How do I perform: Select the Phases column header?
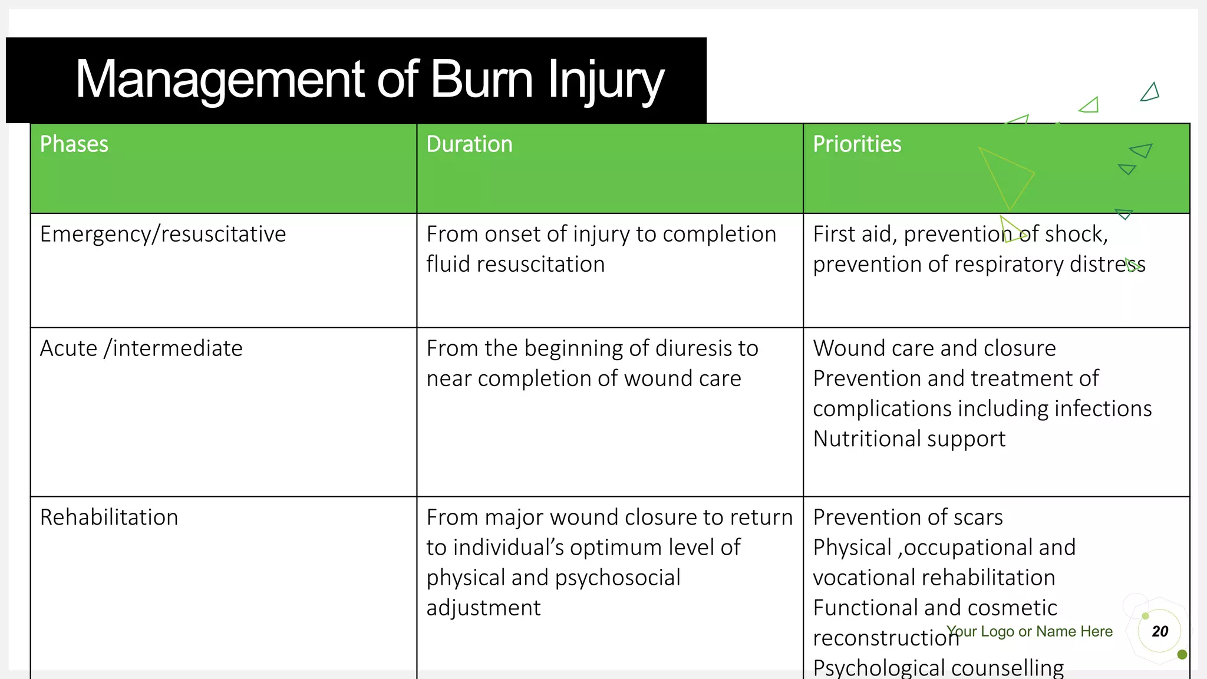pyautogui.click(x=74, y=144)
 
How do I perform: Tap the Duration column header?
pyautogui.click(x=469, y=144)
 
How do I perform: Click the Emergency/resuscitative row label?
pyautogui.click(x=163, y=235)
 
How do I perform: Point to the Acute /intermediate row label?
pyautogui.click(x=141, y=348)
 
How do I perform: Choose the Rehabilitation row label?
pyautogui.click(x=109, y=518)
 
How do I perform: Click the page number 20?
pyautogui.click(x=1159, y=631)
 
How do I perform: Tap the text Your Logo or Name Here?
pyautogui.click(x=1030, y=631)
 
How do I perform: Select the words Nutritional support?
pyautogui.click(x=909, y=439)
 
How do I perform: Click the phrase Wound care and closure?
pyautogui.click(x=934, y=348)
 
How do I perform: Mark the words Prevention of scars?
pyautogui.click(x=908, y=518)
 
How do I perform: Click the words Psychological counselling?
pyautogui.click(x=938, y=668)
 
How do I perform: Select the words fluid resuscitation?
pyautogui.click(x=515, y=265)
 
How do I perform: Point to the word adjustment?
pyautogui.click(x=483, y=608)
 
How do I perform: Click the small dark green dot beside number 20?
pyautogui.click(x=1182, y=654)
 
